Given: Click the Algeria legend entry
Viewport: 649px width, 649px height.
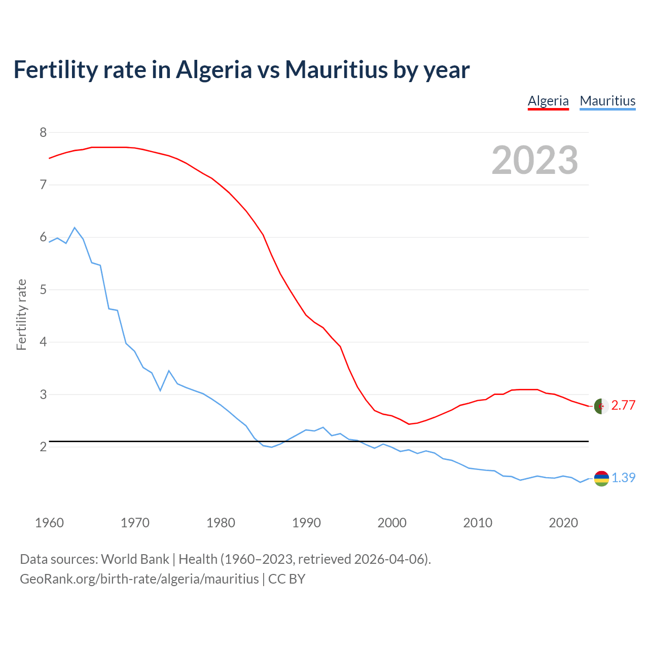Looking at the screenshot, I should [548, 101].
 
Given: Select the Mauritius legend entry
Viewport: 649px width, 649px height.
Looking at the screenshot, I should [607, 101].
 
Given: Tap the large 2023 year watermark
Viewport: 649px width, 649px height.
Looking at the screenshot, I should [535, 160].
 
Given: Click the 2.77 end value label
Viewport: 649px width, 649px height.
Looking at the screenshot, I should [623, 405].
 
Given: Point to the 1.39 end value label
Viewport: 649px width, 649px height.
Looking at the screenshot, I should [623, 478].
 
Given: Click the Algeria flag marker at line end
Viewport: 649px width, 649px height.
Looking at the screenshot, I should [601, 406].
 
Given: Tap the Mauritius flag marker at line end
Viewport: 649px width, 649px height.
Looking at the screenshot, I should [601, 478].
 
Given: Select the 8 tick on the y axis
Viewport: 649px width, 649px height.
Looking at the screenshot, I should [43, 133].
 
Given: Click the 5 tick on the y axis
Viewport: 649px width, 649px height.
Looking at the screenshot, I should [43, 290].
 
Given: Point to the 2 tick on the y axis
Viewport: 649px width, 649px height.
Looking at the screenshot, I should [43, 447].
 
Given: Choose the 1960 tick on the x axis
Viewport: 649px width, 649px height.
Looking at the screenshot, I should [49, 523].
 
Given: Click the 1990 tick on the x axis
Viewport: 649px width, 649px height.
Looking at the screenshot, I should [306, 523].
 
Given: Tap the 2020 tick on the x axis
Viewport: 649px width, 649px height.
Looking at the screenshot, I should [563, 523].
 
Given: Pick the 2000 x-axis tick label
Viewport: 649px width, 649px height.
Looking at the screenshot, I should [392, 523].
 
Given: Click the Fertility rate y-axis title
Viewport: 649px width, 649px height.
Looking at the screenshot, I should [21, 314].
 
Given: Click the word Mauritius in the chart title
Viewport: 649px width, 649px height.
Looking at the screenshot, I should [336, 69].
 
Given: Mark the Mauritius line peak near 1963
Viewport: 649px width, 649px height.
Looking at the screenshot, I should [75, 228].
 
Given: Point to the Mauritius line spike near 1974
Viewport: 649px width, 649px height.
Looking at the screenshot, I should [169, 371].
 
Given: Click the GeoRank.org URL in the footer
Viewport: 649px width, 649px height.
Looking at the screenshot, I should [139, 579].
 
